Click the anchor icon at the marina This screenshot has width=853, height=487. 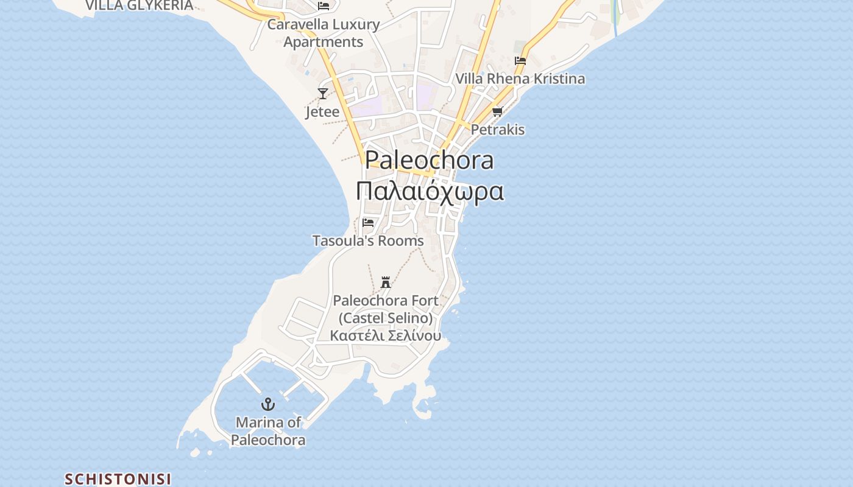click(268, 404)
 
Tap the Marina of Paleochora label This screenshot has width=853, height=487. click(268, 431)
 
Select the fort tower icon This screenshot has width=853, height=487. click(386, 282)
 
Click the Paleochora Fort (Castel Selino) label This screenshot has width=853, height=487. click(386, 309)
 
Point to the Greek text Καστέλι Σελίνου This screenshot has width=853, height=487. click(386, 335)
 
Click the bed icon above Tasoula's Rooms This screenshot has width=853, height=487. click(368, 222)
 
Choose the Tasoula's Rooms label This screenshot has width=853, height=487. click(368, 240)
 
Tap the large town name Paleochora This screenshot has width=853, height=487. click(430, 160)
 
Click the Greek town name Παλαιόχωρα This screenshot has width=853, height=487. click(430, 191)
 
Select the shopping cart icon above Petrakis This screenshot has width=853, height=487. click(498, 111)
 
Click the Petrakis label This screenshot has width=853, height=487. click(498, 130)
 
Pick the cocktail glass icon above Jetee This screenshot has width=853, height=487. click(323, 93)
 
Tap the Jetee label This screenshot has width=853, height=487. click(322, 112)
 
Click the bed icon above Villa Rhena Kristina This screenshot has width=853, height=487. click(520, 60)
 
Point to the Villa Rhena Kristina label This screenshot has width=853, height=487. click(520, 79)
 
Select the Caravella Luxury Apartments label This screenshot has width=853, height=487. click(324, 33)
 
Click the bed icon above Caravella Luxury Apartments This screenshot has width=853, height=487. click(324, 6)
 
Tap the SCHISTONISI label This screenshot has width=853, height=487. click(118, 479)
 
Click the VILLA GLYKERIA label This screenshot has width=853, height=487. click(139, 5)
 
